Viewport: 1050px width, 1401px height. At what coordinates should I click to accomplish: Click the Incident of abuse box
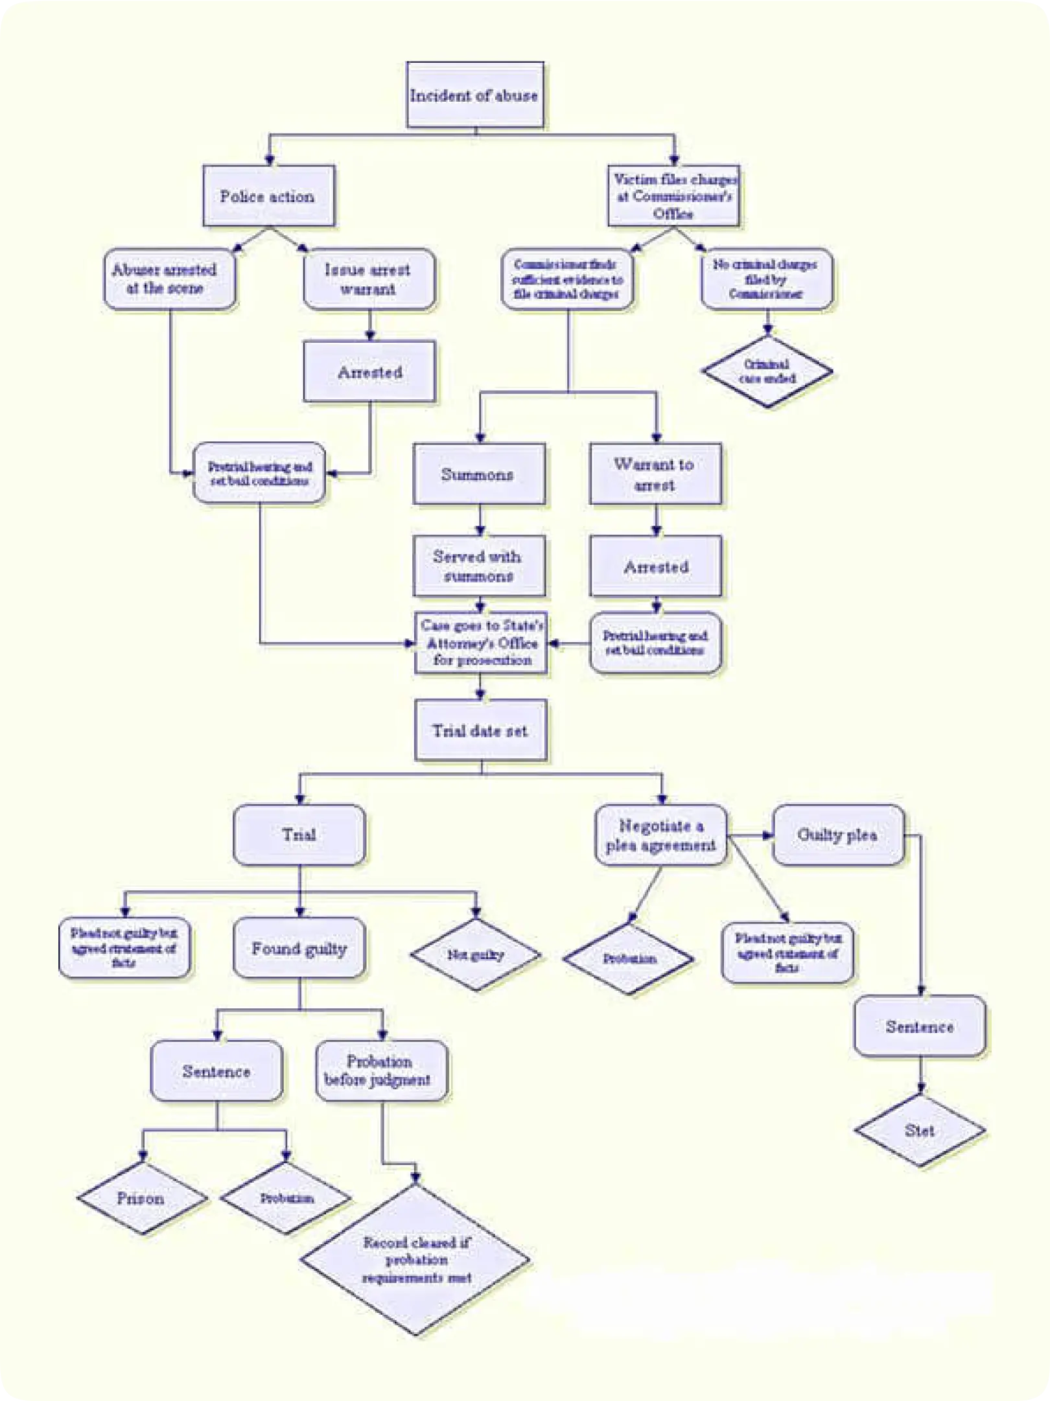click(x=474, y=95)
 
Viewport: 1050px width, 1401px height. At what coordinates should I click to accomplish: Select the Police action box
click(x=268, y=196)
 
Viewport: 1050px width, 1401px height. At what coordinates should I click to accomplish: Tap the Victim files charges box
click(x=673, y=196)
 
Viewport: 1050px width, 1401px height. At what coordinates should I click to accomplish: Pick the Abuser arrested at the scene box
click(x=169, y=279)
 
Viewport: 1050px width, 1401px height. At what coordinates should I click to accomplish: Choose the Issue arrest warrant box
click(x=369, y=279)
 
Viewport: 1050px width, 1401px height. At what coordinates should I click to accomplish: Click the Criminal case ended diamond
click(x=767, y=371)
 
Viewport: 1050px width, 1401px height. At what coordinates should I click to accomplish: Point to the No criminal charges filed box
click(x=767, y=279)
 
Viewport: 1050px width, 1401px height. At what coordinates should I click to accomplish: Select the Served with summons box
click(x=479, y=566)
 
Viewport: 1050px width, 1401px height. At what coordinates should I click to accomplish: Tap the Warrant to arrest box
click(x=655, y=474)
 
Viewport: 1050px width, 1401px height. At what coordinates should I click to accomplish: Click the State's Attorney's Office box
click(x=480, y=643)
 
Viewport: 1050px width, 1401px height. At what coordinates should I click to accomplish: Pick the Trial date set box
click(x=480, y=730)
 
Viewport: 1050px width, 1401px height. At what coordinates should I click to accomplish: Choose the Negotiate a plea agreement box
click(x=660, y=835)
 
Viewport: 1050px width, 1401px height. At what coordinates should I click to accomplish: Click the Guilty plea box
click(x=838, y=835)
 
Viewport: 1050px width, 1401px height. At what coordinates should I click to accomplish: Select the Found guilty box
click(x=299, y=949)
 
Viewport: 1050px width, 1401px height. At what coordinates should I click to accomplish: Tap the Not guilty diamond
click(x=476, y=955)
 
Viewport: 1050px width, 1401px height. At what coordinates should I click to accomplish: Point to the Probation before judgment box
click(x=381, y=1071)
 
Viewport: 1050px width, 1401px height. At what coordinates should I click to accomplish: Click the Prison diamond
click(x=142, y=1198)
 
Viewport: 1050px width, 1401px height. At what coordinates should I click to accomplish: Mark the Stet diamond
click(x=920, y=1131)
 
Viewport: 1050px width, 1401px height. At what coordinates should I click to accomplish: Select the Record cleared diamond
click(x=415, y=1260)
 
